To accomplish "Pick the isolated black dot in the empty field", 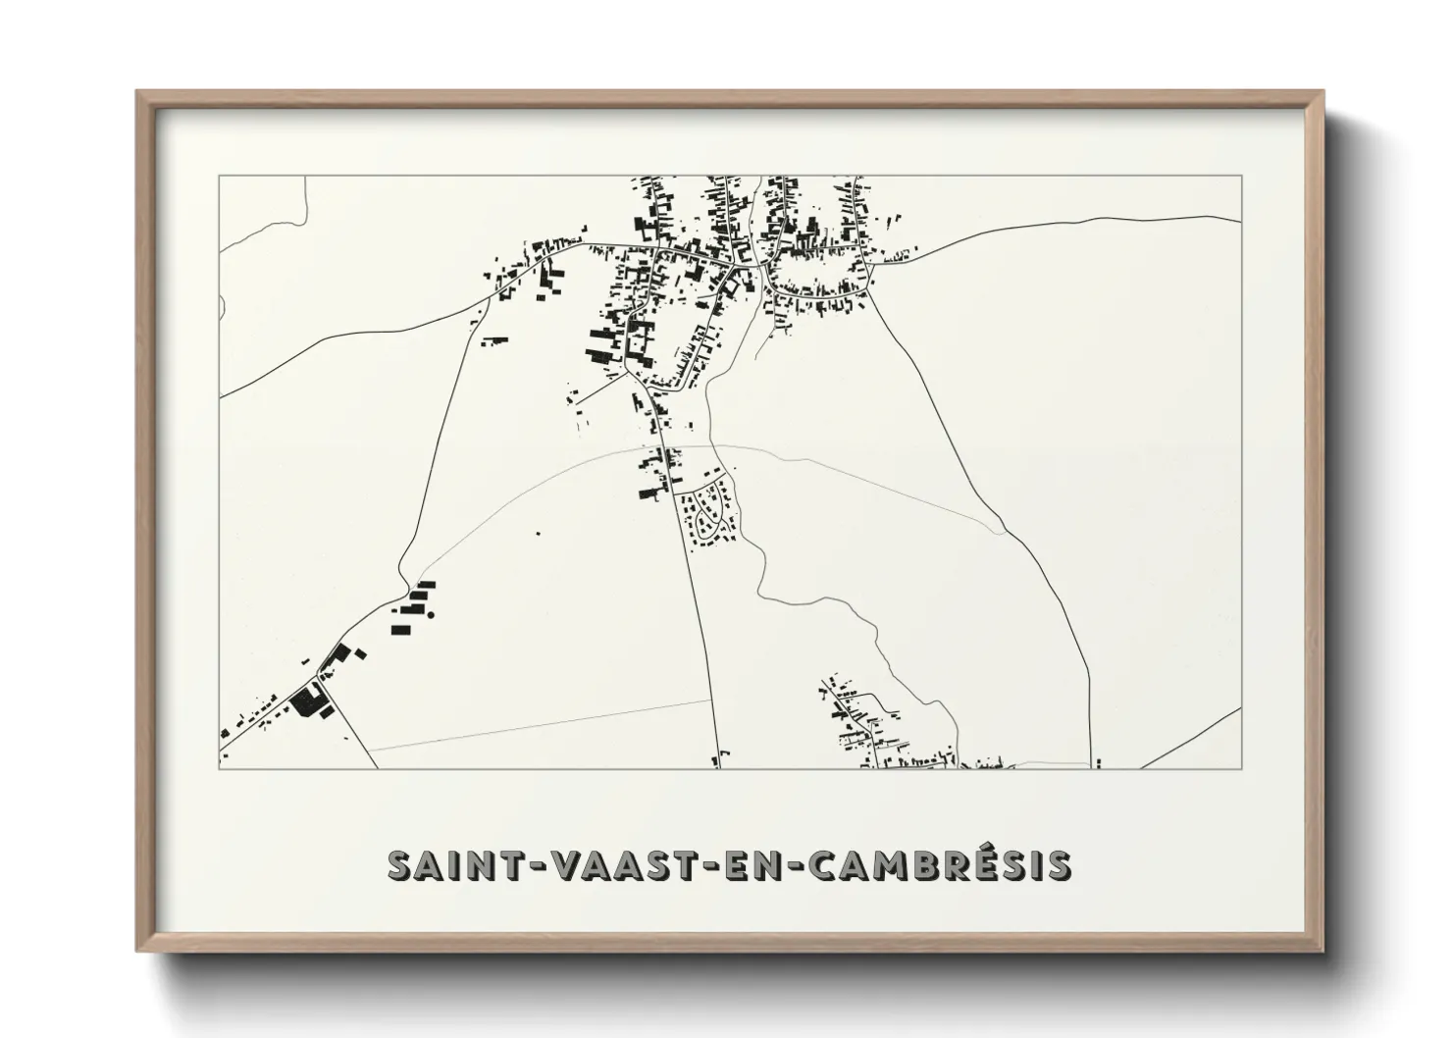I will pyautogui.click(x=537, y=533).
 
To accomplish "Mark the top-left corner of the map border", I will pyautogui.click(x=219, y=176).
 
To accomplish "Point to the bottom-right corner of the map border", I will pyautogui.click(x=1242, y=768).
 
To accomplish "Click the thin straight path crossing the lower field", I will pyautogui.click(x=540, y=725).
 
